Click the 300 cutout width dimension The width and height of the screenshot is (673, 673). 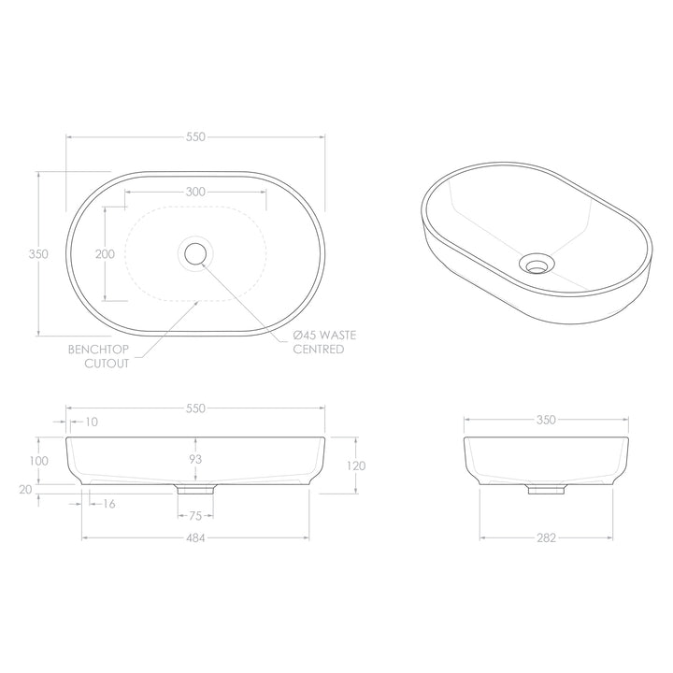pos(195,191)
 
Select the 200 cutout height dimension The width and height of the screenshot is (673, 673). pos(105,254)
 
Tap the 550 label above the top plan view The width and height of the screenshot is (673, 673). pos(195,136)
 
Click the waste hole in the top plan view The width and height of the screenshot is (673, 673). pos(195,252)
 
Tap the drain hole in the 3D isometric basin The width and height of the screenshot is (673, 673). pos(535,265)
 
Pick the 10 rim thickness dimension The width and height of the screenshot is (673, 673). pos(91,422)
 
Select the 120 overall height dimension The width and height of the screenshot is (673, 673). pos(356,465)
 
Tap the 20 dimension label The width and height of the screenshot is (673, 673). pos(25,488)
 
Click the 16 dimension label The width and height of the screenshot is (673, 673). pos(109,504)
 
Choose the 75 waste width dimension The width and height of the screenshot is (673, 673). pos(195,514)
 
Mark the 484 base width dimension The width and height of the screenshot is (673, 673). pos(195,537)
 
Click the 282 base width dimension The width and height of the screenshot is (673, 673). pos(547,537)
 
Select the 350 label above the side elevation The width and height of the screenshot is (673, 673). pos(547,420)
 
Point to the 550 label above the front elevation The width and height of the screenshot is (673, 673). pos(195,408)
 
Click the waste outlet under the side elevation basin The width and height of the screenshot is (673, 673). pos(541,489)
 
